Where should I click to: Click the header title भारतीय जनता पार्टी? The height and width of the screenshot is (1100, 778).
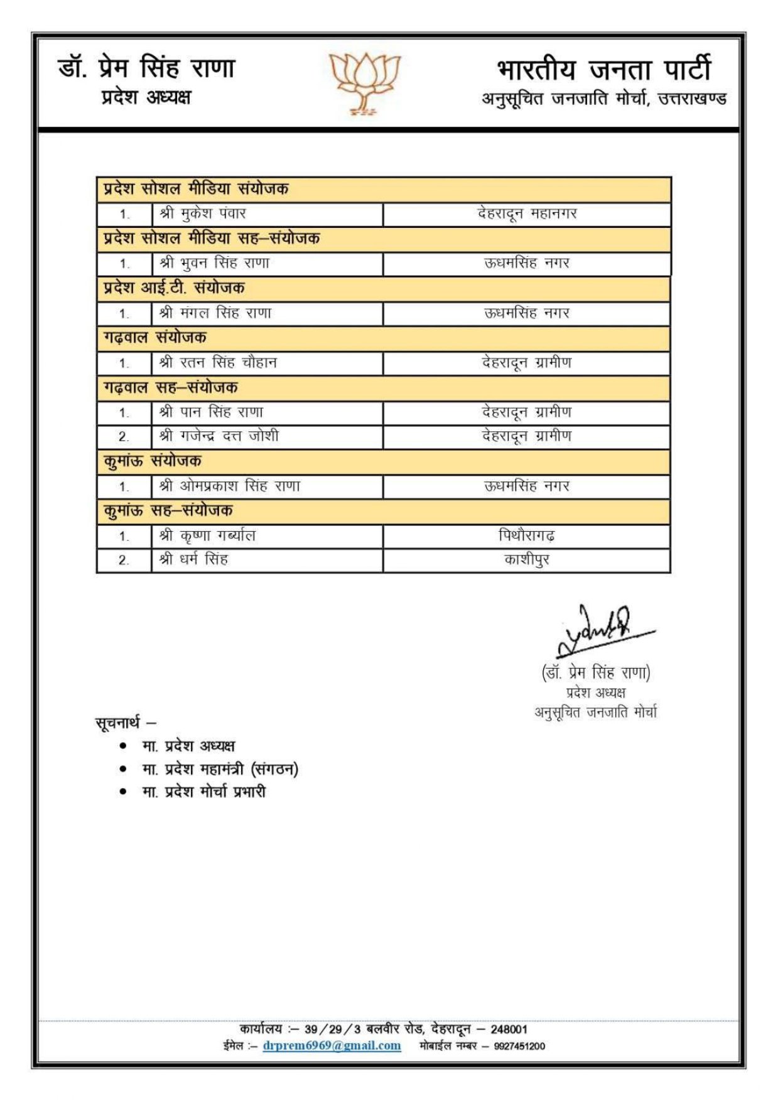click(603, 69)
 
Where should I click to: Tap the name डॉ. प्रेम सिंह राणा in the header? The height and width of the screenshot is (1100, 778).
click(146, 68)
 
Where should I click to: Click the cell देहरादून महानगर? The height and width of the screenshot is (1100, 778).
click(527, 214)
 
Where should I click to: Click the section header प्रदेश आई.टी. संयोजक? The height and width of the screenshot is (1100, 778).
click(174, 288)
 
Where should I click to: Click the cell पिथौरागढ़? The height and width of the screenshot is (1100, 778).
click(527, 536)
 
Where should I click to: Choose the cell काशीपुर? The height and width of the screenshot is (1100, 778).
click(527, 559)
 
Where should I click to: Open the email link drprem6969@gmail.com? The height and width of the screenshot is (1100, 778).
click(332, 1046)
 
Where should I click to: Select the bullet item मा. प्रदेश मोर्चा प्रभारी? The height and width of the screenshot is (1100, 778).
click(203, 792)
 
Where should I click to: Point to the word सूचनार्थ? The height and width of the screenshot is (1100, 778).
click(117, 723)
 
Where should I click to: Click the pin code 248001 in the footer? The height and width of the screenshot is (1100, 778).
click(509, 1030)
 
